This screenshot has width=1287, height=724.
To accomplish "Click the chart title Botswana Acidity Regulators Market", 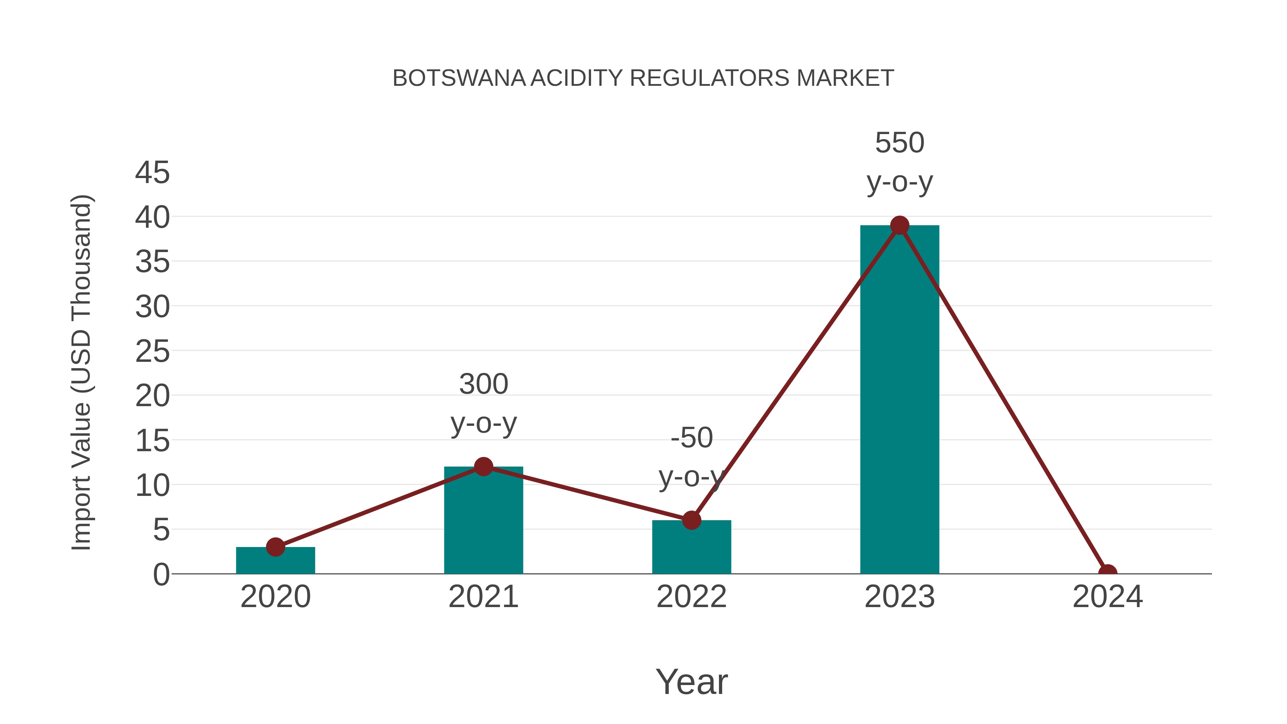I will click(643, 78).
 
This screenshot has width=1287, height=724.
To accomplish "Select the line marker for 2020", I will click(275, 547).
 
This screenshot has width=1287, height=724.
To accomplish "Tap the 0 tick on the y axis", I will click(161, 575).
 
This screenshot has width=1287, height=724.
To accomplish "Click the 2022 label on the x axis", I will click(691, 597).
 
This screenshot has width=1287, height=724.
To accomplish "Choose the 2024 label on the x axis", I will click(1107, 597).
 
